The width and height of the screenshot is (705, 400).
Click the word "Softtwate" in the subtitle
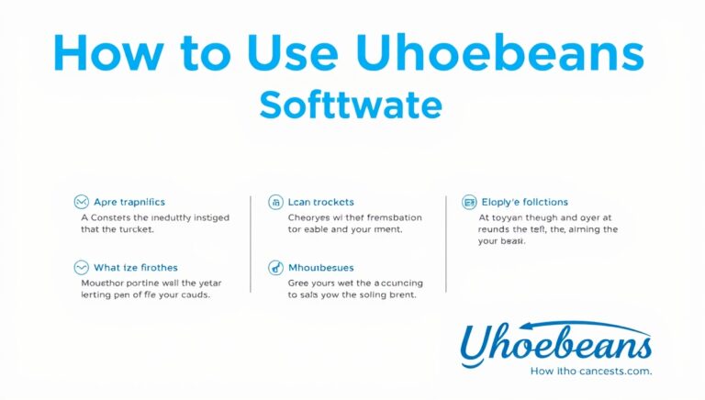tap(351, 106)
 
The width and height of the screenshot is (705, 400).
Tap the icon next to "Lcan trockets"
tap(274, 201)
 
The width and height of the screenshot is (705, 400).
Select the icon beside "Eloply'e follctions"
tap(468, 201)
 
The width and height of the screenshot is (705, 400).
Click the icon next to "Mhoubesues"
tap(274, 268)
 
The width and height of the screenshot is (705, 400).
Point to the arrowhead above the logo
tap(646, 333)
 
